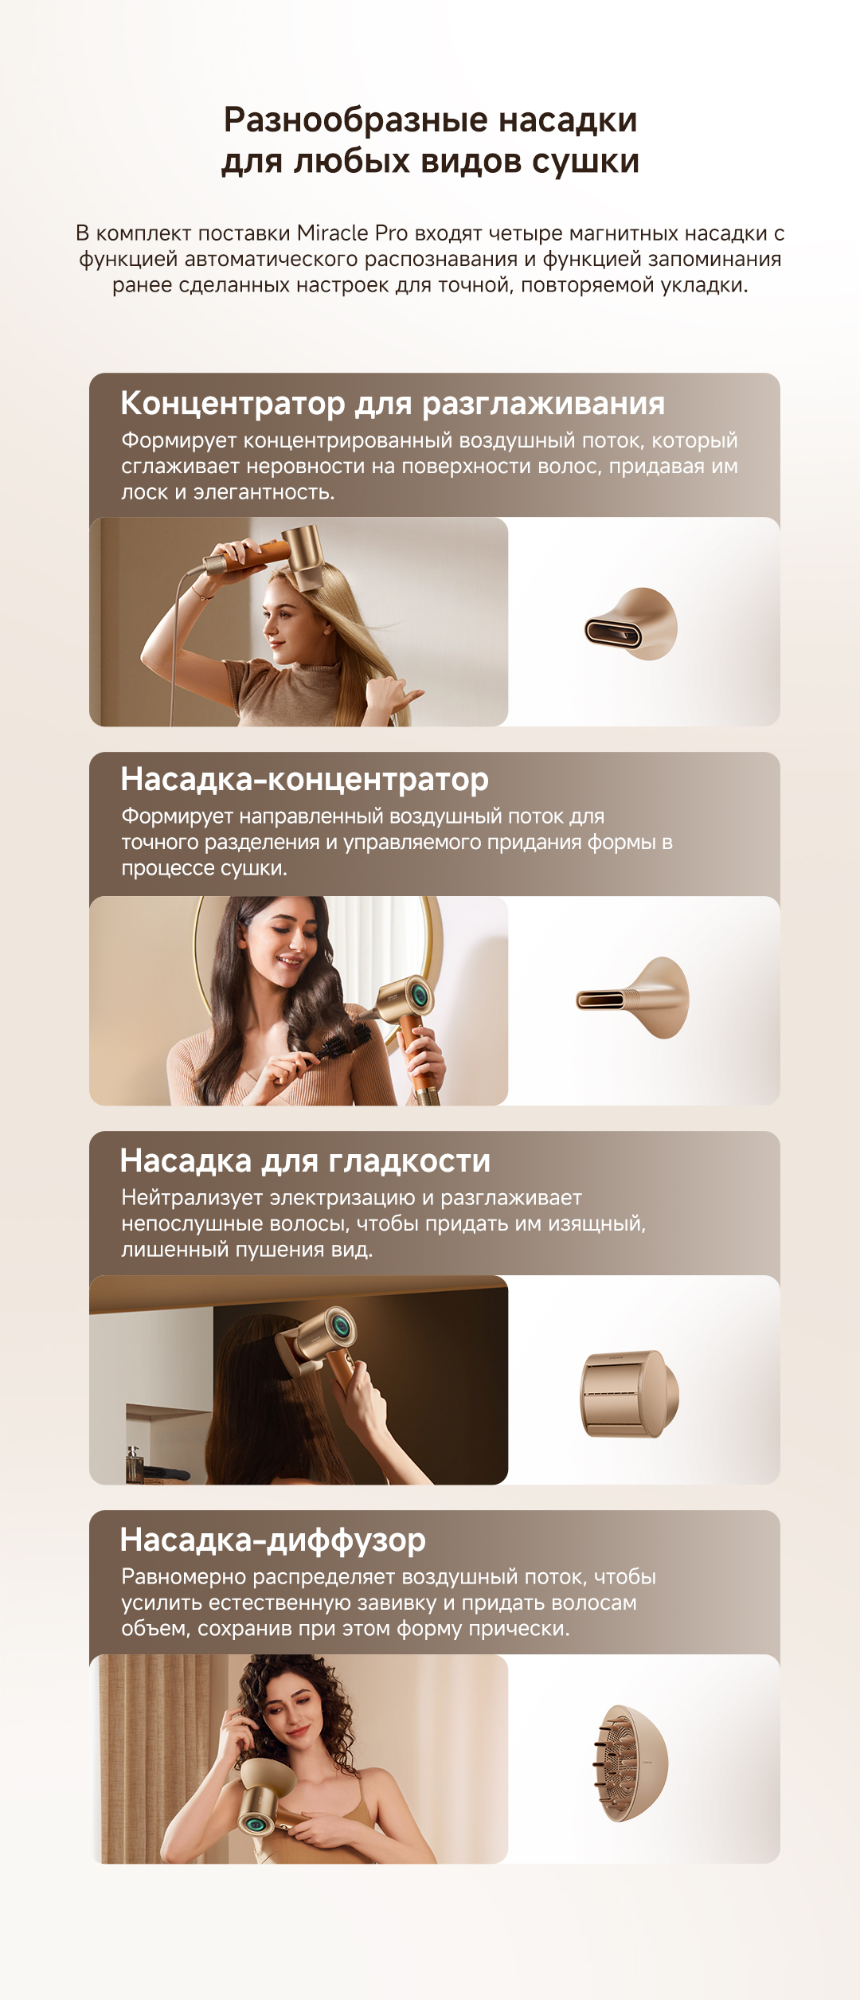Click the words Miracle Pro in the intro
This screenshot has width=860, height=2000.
pyautogui.click(x=352, y=233)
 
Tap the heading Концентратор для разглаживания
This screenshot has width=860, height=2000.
pyautogui.click(x=393, y=403)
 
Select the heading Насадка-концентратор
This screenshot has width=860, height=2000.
pyautogui.click(x=304, y=779)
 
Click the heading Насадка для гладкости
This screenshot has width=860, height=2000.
pyautogui.click(x=305, y=1160)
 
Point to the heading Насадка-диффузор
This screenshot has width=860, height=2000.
pyautogui.click(x=273, y=1540)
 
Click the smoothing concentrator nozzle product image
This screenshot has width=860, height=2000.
pyautogui.click(x=631, y=624)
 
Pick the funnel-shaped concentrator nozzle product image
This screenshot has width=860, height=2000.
pyautogui.click(x=633, y=998)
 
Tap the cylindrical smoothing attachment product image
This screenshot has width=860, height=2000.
pyautogui.click(x=630, y=1393)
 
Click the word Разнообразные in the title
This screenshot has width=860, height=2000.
pyautogui.click(x=355, y=120)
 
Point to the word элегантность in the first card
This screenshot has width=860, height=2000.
pyautogui.click(x=264, y=492)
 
